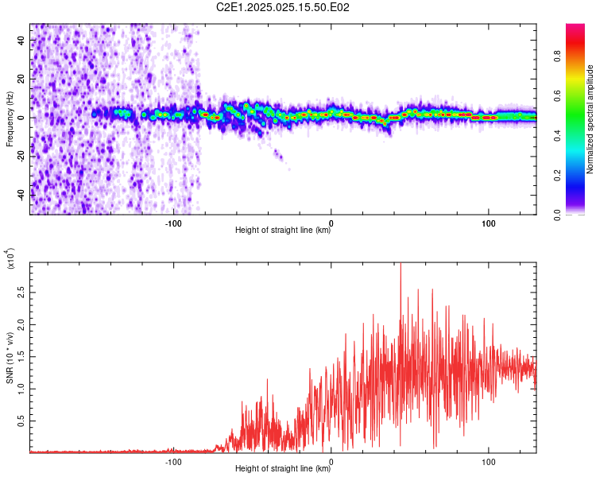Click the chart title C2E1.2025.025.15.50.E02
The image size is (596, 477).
click(x=282, y=7)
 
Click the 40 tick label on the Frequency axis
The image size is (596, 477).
click(x=21, y=40)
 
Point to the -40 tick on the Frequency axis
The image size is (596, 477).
click(x=21, y=195)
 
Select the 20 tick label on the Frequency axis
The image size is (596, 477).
click(x=21, y=79)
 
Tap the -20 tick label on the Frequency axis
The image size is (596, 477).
click(x=21, y=157)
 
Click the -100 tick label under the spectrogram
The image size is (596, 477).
click(x=173, y=223)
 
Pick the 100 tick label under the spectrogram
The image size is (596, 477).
click(x=489, y=223)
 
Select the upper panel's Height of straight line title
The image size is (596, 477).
click(x=283, y=230)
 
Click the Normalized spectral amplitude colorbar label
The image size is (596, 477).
click(x=590, y=119)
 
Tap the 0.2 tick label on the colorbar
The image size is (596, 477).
click(x=557, y=176)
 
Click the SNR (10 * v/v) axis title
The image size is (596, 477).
click(x=10, y=358)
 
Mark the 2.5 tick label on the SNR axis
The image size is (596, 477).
click(x=21, y=293)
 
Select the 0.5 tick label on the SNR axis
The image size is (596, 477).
click(x=21, y=421)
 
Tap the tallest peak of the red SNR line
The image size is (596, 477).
click(x=401, y=264)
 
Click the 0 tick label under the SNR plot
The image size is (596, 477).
click(x=331, y=462)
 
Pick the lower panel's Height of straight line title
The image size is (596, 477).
click(x=283, y=468)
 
